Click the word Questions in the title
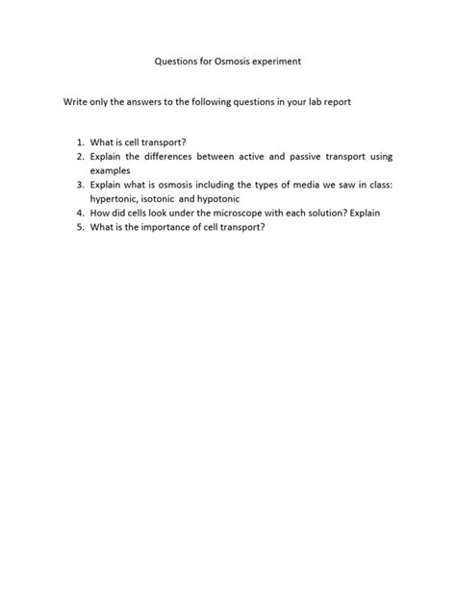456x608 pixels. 177,60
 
